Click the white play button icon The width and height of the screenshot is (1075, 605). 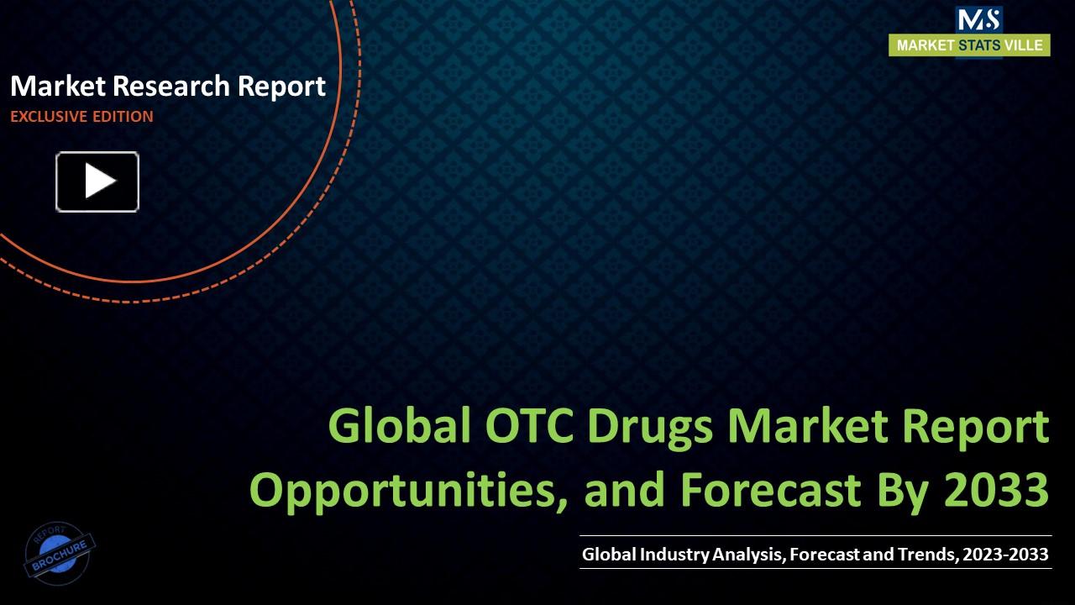(x=97, y=181)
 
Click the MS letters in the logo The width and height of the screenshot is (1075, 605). (x=978, y=19)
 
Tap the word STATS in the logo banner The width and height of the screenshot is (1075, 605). (x=978, y=45)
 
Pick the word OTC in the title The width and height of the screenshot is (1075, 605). (x=527, y=428)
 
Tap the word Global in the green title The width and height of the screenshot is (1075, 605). (x=399, y=428)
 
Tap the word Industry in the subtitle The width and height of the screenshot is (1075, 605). (x=674, y=555)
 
